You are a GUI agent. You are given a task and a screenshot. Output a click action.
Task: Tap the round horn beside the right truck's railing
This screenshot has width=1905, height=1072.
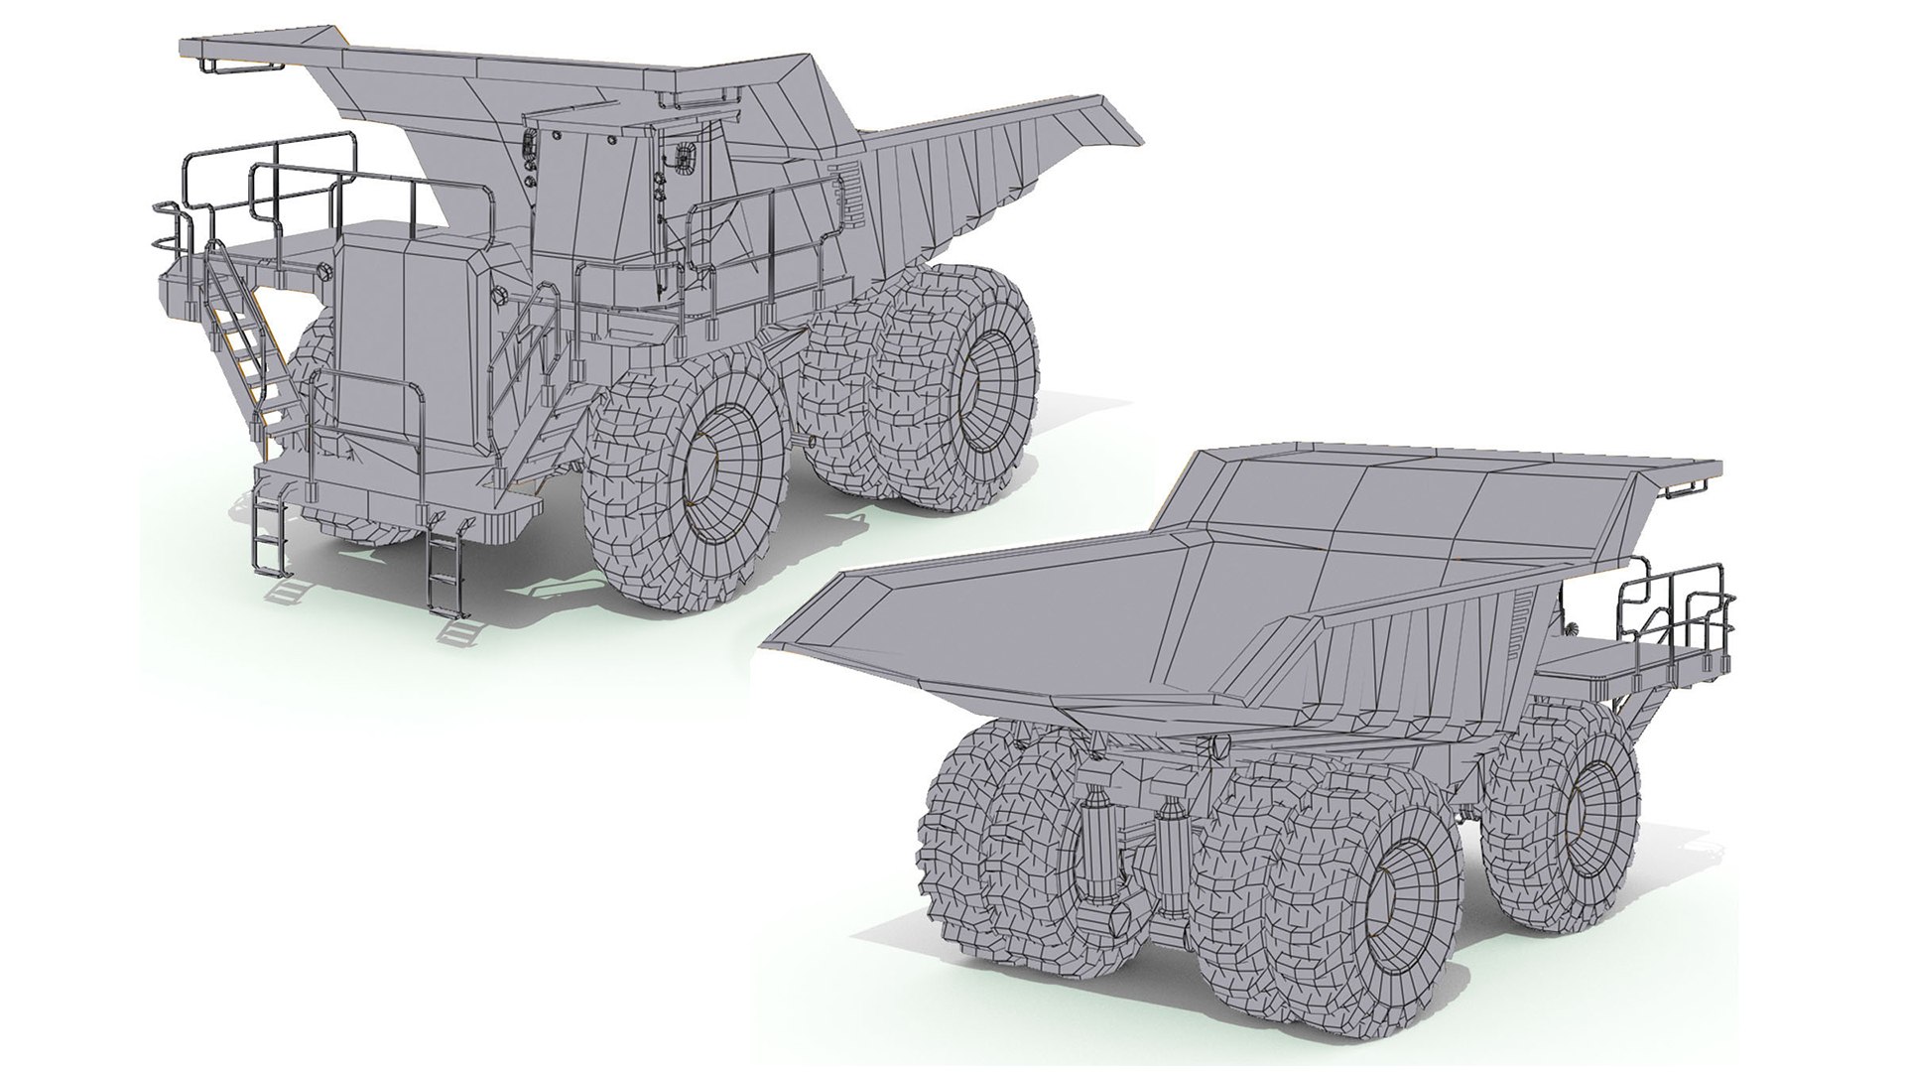tap(1570, 627)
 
